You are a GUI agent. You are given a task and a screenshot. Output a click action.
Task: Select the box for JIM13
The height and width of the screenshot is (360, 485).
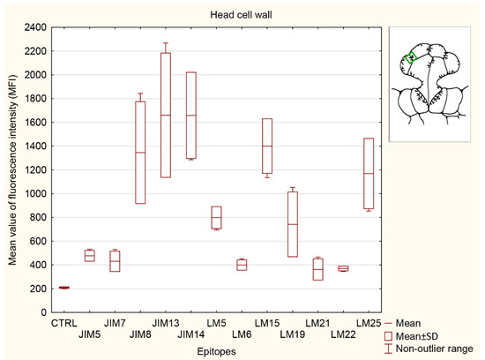pos(166,115)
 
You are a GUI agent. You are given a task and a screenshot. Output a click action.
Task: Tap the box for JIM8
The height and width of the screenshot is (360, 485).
pos(140,153)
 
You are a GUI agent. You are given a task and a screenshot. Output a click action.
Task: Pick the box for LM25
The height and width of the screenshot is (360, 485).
pos(369,173)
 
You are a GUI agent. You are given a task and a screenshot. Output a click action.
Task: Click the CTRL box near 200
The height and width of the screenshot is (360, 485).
pos(63,288)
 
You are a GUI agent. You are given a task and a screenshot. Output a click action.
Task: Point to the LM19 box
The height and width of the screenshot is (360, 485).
pos(293,224)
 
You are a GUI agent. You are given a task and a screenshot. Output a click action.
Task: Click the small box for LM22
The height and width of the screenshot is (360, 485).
pos(343,268)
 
